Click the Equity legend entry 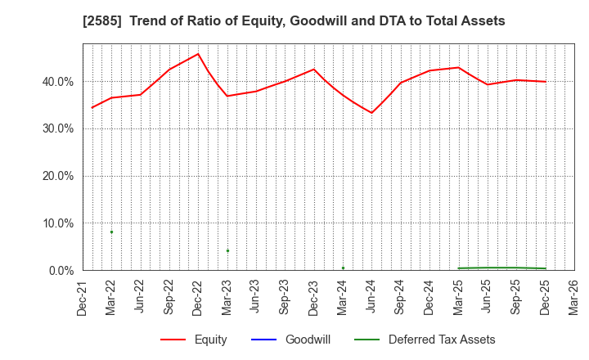point(194,340)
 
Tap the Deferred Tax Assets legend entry point(425,340)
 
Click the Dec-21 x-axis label point(83,295)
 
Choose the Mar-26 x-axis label point(574,295)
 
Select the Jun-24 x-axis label point(371,295)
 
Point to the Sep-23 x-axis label point(285,295)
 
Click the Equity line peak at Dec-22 point(198,54)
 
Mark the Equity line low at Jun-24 point(371,113)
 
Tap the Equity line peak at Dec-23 point(313,69)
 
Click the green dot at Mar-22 point(111,232)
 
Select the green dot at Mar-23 point(227,250)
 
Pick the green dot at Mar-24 point(343,268)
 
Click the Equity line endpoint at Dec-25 point(545,82)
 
